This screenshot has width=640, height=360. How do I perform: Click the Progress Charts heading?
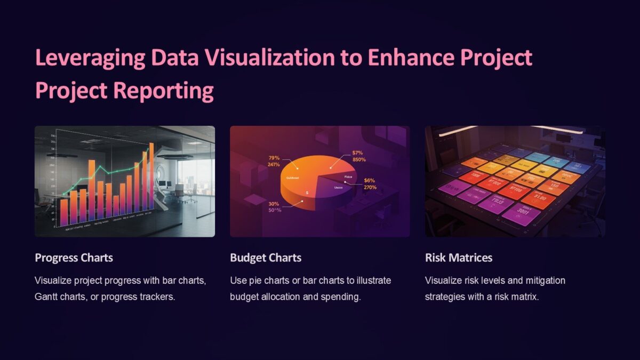(x=74, y=258)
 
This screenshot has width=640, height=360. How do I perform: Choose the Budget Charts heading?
(x=266, y=258)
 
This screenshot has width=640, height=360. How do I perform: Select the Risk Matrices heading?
(x=459, y=258)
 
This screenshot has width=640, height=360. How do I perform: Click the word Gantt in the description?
(x=46, y=297)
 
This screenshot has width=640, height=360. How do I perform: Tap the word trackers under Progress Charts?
(x=157, y=297)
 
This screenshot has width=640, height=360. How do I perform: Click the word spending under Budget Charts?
(x=341, y=297)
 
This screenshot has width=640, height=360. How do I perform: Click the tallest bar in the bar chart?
(x=151, y=176)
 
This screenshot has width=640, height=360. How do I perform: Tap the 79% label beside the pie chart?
(x=274, y=158)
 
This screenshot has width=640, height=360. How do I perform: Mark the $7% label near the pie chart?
(x=357, y=153)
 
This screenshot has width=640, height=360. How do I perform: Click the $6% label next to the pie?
(x=370, y=180)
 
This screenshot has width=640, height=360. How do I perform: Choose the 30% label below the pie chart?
(x=274, y=204)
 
